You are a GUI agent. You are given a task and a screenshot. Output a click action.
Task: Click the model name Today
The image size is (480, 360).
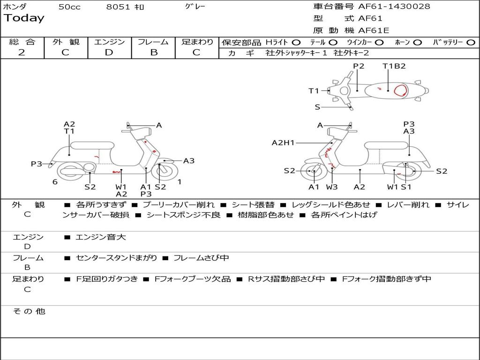pos(24,18)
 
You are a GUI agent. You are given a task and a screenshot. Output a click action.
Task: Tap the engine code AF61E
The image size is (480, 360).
pos(374,31)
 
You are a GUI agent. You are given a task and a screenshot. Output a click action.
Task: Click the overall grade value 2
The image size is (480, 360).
pos(22,52)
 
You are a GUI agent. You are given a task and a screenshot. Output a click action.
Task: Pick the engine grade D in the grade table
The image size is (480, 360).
pos(109,52)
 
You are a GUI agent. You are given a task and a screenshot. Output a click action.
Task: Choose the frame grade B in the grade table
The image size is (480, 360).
pos(153,52)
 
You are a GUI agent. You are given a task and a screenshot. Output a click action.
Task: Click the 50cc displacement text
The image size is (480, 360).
pos(69,7)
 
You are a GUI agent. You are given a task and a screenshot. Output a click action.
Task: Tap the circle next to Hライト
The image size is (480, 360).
pos(296,43)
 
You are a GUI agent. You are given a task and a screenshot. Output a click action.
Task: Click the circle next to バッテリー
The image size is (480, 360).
pos(471,43)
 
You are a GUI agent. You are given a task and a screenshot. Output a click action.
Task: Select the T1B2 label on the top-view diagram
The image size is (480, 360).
pos(394,66)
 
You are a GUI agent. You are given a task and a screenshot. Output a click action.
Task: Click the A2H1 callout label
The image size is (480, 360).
pos(283,143)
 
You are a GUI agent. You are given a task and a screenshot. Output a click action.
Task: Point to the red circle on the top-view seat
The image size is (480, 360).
pos(400,90)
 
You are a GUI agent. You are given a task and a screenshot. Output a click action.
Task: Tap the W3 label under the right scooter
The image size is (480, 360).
pos(332,187)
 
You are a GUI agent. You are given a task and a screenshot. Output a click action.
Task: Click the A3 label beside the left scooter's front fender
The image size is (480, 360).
pos(188,161)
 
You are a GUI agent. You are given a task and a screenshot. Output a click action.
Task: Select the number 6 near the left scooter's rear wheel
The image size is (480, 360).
pos(55,182)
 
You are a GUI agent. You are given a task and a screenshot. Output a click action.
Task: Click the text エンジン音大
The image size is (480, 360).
pos(101,237)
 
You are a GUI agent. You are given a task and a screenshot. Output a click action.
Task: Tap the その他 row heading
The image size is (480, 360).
pos(29,311)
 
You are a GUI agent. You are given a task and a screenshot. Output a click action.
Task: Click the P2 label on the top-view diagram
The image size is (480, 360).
pos(359,66)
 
